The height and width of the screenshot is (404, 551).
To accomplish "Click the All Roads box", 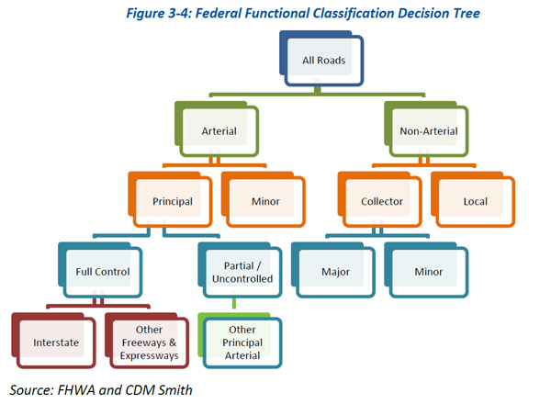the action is click(321, 59).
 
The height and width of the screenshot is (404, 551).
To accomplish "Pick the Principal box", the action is click(170, 199).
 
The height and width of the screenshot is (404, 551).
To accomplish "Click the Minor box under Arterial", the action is click(264, 199).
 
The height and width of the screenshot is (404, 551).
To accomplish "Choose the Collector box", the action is click(380, 199).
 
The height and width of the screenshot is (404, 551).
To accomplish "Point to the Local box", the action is click(473, 199).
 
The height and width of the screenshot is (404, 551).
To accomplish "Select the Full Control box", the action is click(100, 270).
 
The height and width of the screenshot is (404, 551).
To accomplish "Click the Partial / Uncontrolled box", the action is click(240, 270).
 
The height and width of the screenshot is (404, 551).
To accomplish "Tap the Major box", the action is click(333, 270).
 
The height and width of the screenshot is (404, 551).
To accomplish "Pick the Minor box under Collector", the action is click(426, 270).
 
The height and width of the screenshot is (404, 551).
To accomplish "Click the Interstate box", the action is click(54, 341).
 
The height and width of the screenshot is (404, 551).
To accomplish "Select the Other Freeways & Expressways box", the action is click(147, 341).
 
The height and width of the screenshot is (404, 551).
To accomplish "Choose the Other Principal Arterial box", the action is click(240, 341).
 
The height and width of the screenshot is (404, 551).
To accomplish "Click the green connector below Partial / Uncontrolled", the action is click(234, 303).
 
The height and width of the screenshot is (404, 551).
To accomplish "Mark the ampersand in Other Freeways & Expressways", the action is click(173, 342).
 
